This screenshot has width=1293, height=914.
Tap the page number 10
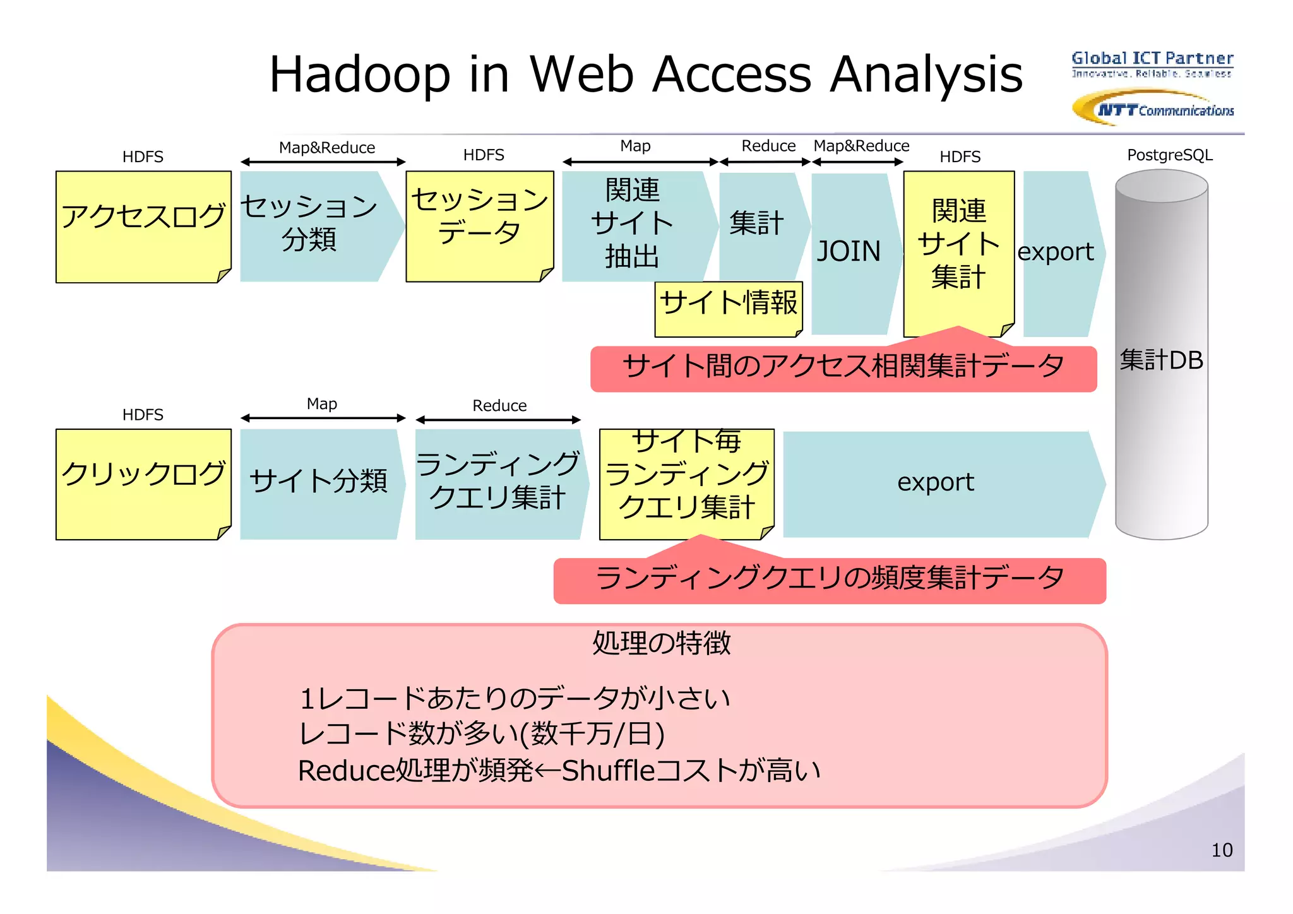[1222, 850]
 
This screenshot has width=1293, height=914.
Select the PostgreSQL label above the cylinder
[1169, 155]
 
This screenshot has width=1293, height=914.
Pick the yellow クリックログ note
[143, 484]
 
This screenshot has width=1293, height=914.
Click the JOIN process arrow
[849, 252]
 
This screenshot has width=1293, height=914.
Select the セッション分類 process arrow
[316, 225]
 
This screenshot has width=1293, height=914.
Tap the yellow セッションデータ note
[479, 225]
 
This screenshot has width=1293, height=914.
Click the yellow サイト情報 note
[728, 308]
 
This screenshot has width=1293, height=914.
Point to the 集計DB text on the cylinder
[1161, 360]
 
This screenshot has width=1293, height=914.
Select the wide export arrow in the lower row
[936, 483]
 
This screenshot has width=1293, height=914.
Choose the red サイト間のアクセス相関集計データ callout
[843, 368]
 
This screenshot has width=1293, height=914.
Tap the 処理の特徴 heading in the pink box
[660, 643]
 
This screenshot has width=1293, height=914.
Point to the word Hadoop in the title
[360, 74]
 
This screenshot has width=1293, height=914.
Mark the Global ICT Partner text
[1152, 59]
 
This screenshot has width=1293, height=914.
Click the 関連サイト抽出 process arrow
[633, 224]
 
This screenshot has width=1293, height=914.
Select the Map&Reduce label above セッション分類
[326, 148]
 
